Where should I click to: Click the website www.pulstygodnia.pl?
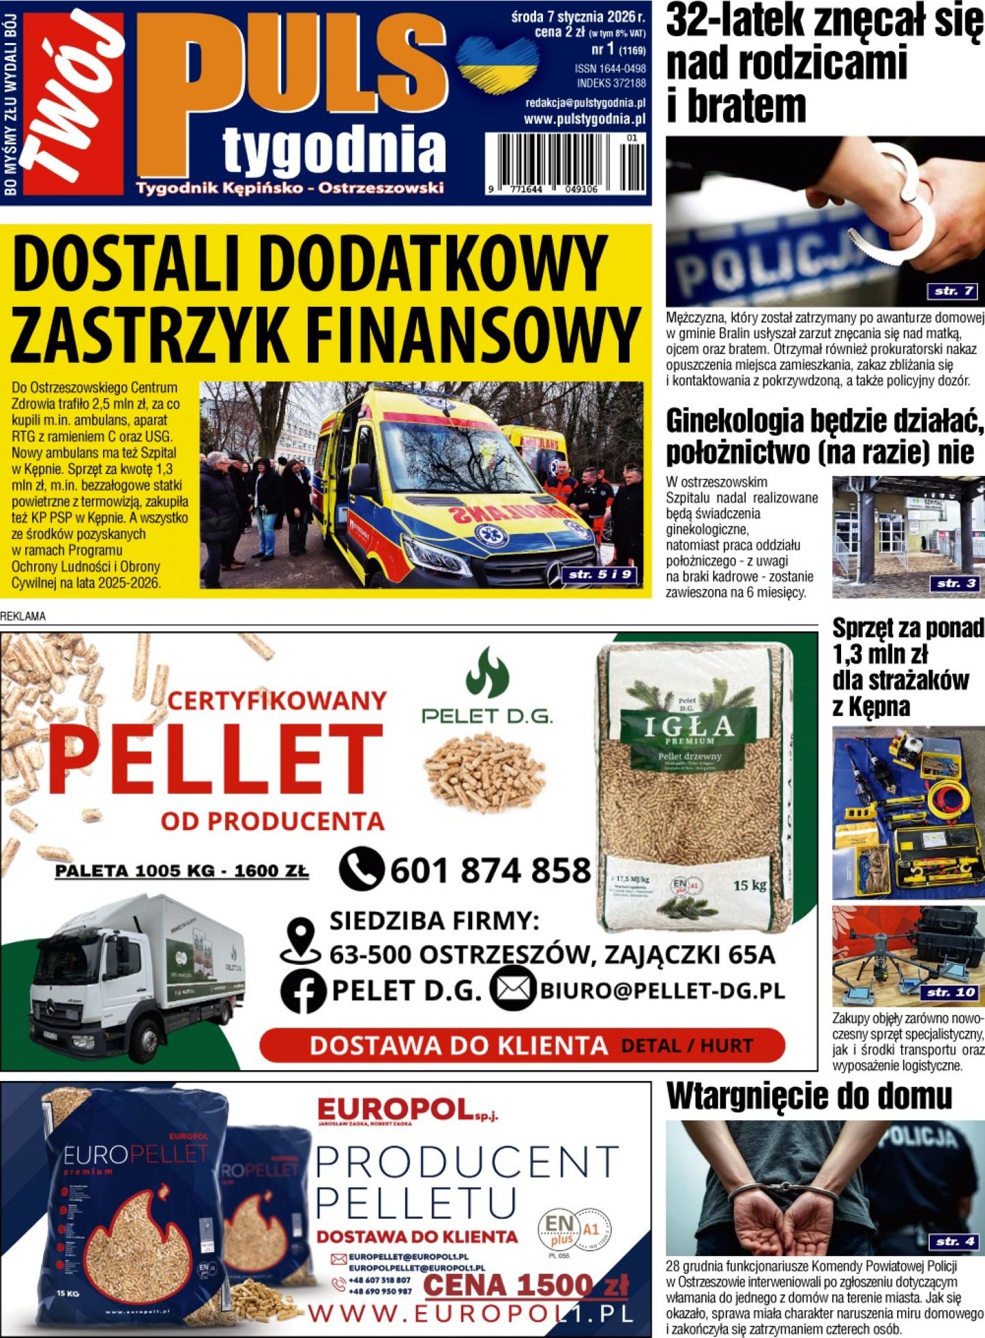pos(584,119)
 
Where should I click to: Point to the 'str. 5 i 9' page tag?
pos(601,575)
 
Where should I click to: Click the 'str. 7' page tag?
pos(953,291)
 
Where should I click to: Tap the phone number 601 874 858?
pos(490,871)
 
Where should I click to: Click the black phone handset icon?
pos(362,869)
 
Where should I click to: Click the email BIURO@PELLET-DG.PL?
pos(662,991)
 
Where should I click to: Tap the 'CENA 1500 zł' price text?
pos(525,1285)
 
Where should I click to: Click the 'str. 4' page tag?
pos(955,1241)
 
